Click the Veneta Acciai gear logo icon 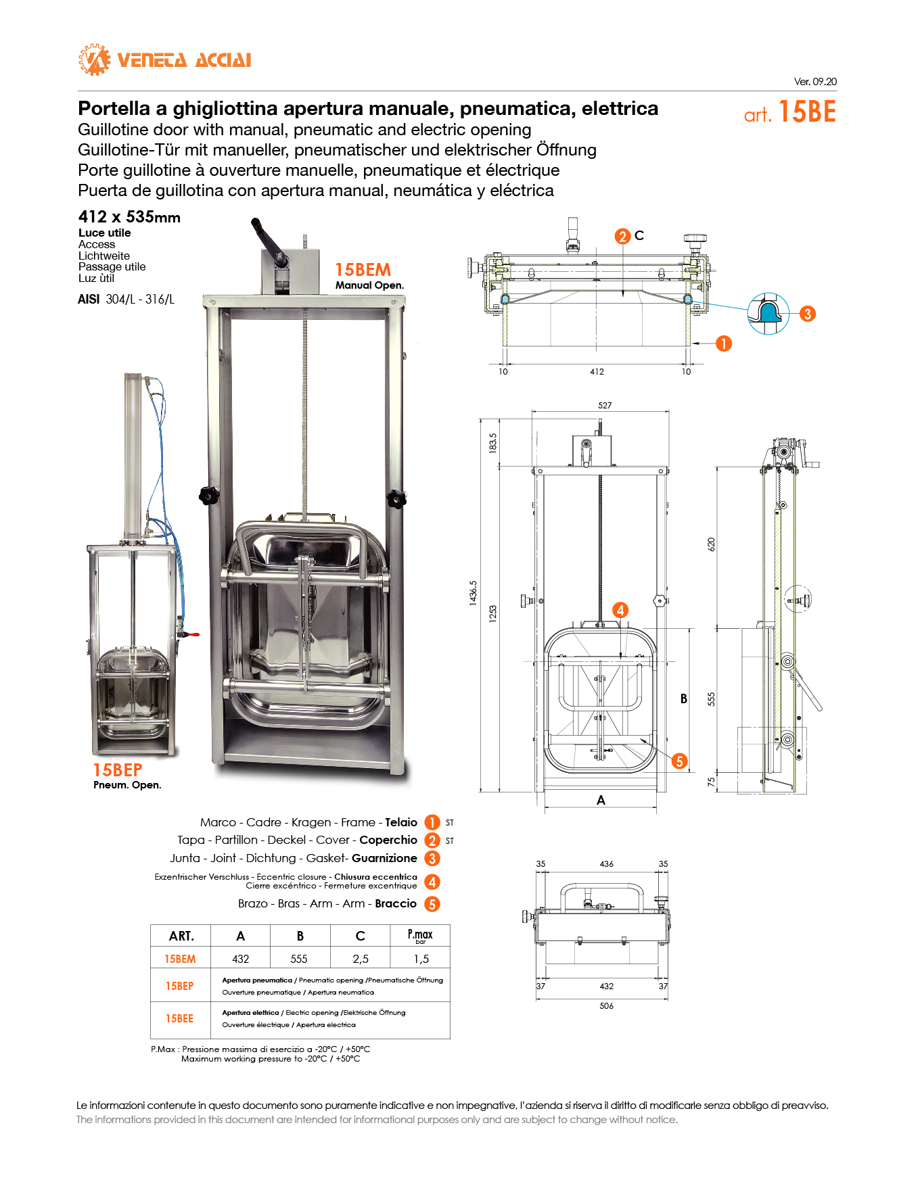click(x=94, y=60)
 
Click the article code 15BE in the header click(x=807, y=112)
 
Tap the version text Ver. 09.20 click(x=815, y=82)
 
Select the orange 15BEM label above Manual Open click(x=363, y=270)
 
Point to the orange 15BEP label click(x=118, y=770)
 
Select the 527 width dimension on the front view click(x=605, y=406)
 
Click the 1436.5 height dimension click(x=474, y=592)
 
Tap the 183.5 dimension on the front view click(x=493, y=443)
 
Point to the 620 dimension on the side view click(x=711, y=544)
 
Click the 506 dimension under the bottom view click(x=606, y=1006)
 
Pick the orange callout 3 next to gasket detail click(x=807, y=314)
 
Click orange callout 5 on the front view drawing click(x=679, y=761)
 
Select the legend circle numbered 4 click(x=432, y=882)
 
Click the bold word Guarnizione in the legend click(x=384, y=858)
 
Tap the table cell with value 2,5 click(x=361, y=959)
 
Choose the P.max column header click(x=420, y=936)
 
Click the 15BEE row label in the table click(x=180, y=1019)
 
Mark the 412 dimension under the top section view click(x=597, y=372)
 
